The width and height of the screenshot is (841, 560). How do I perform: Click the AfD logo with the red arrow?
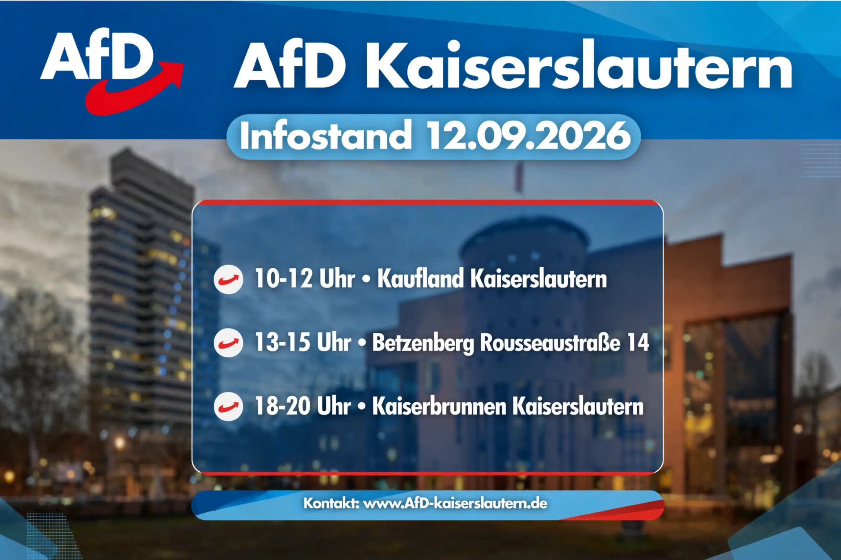tap(111, 71)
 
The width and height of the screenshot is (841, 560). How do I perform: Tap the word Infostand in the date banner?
tap(326, 136)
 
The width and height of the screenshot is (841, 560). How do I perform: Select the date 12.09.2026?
tap(529, 136)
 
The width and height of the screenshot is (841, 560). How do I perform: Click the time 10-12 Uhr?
tap(305, 278)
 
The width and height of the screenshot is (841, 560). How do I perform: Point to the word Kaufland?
tap(420, 278)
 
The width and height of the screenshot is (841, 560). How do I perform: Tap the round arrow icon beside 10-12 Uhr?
tap(229, 279)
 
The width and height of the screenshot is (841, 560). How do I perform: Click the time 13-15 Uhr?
tap(303, 342)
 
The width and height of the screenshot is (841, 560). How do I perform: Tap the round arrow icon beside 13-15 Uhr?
tap(229, 343)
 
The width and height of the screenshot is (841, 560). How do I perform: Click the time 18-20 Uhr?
tap(303, 406)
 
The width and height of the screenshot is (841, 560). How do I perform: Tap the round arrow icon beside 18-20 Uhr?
tap(229, 406)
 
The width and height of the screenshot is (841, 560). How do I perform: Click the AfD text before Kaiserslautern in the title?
tap(290, 64)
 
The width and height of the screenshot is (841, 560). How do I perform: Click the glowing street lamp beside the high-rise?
tap(120, 443)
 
